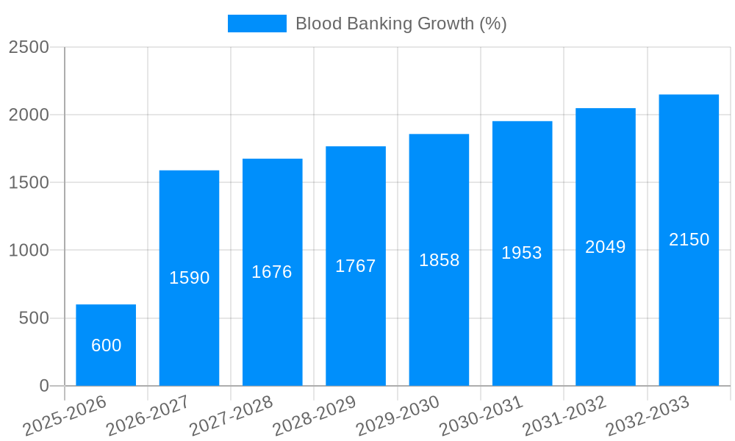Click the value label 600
pyautogui.click(x=107, y=345)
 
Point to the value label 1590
pyautogui.click(x=190, y=278)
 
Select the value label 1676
pyautogui.click(x=272, y=272)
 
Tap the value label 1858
pyautogui.click(x=440, y=260)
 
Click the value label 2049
pyautogui.click(x=606, y=247)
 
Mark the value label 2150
pyautogui.click(x=689, y=240)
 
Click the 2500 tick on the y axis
pyautogui.click(x=29, y=47)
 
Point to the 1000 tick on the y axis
pyautogui.click(x=29, y=251)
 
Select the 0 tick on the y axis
pyautogui.click(x=43, y=386)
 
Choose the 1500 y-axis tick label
pyautogui.click(x=29, y=182)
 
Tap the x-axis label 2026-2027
pyautogui.click(x=148, y=415)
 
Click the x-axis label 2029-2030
pyautogui.click(x=398, y=415)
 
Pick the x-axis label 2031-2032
pyautogui.click(x=564, y=415)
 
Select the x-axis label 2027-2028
pyautogui.click(x=231, y=415)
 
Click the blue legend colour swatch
pyautogui.click(x=257, y=24)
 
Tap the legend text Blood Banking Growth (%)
pyautogui.click(x=401, y=24)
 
